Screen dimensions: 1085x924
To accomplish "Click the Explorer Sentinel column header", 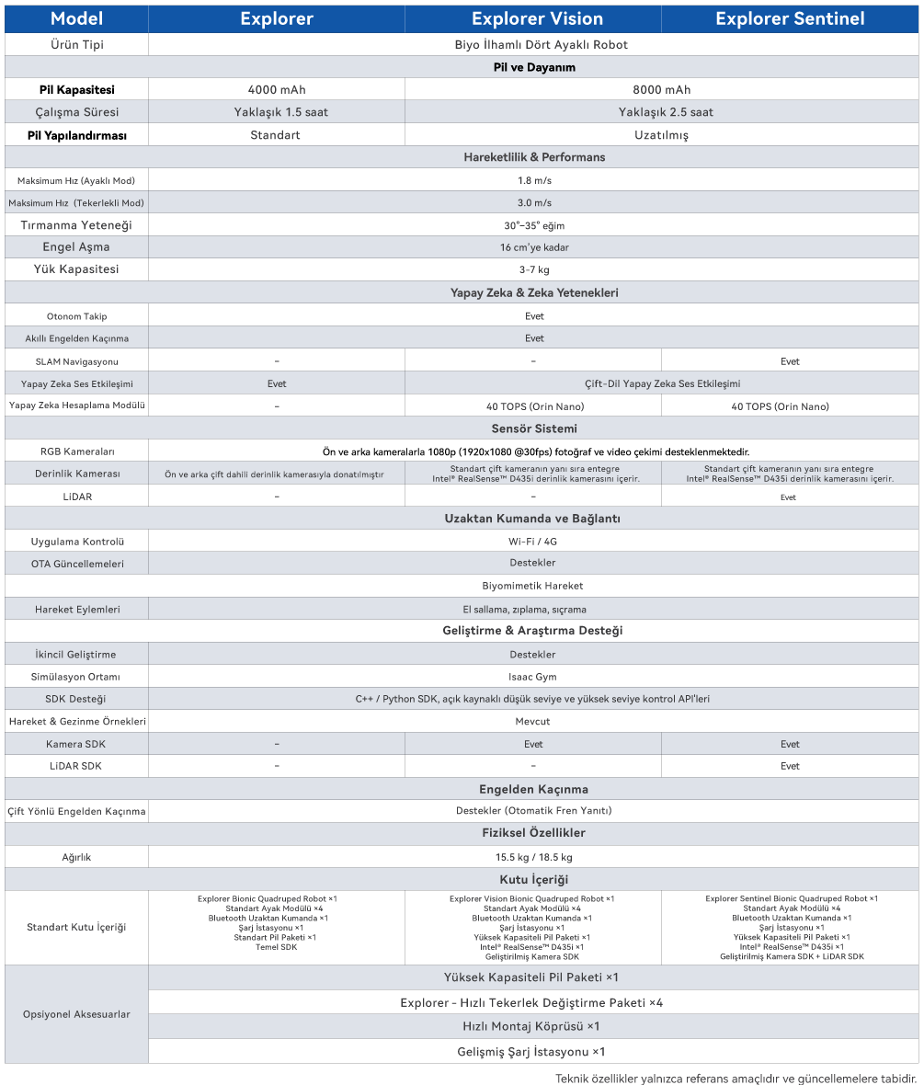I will point(789,18).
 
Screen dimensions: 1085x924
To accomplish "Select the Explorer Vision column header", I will point(537,18).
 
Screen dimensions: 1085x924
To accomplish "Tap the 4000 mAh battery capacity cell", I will point(277,90).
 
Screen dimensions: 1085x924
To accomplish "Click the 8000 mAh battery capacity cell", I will point(661,90).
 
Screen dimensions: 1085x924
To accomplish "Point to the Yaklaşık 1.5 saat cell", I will point(277,112).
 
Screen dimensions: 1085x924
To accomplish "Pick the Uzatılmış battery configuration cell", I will point(661,135).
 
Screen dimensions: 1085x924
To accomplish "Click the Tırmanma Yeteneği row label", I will point(76,225).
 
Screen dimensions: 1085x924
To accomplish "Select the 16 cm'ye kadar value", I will point(533,248).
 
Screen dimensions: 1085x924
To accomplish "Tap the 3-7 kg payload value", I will point(533,270).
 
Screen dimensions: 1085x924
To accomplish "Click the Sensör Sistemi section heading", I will point(533,428).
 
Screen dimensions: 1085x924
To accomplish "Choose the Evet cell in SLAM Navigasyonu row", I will point(790,361).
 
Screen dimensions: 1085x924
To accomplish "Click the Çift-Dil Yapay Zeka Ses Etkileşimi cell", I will point(662,383).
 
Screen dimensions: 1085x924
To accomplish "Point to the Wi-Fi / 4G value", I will point(533,542).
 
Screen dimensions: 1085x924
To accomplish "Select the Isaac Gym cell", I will point(533,677).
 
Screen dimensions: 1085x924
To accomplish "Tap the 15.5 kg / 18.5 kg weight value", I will point(533,857).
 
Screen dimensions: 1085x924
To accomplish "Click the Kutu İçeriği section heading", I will point(533,880).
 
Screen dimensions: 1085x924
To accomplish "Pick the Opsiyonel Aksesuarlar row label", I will point(76,1014).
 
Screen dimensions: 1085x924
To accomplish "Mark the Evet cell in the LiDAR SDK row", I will point(790,766).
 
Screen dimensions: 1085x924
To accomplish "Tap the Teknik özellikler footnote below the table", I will point(736,1078).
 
